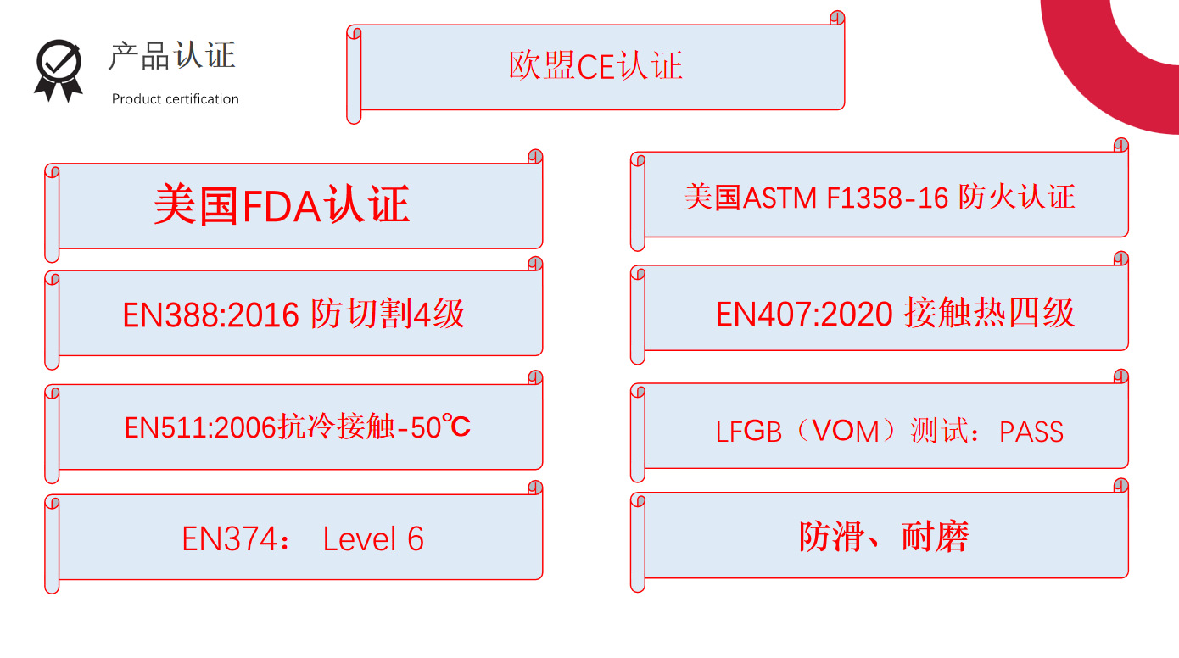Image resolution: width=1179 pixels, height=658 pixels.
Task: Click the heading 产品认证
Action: (171, 56)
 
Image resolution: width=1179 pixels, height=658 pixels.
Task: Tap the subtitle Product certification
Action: (176, 99)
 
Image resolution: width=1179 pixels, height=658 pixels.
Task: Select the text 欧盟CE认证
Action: (595, 66)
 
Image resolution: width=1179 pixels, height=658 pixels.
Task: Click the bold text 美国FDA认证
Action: (282, 205)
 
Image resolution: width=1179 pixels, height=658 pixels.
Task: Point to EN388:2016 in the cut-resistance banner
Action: (210, 315)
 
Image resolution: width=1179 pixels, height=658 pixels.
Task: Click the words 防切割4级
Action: (388, 315)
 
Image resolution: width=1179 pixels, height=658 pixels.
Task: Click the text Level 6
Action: (373, 539)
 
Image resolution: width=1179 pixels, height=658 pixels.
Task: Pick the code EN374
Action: (228, 539)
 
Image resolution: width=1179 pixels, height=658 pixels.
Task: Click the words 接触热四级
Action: (989, 314)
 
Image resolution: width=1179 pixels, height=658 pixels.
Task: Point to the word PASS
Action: (1031, 432)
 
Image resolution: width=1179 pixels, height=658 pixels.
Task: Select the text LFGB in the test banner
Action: (749, 432)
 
